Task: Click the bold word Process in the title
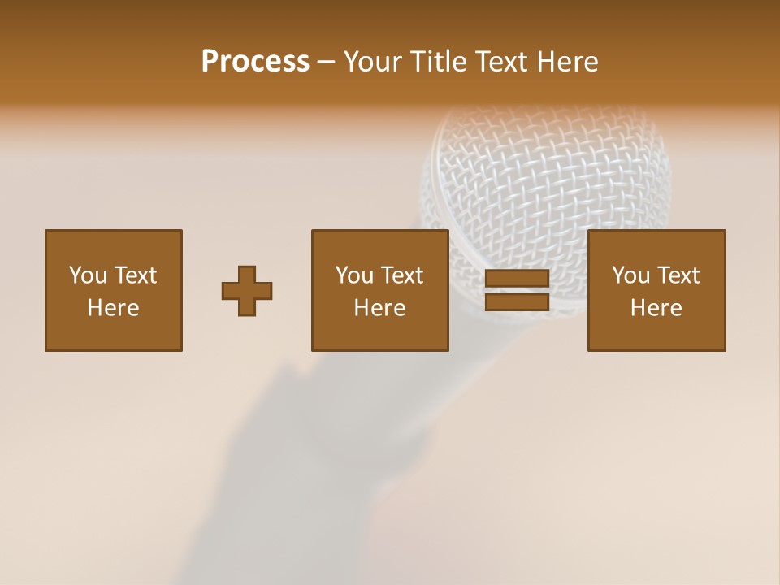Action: point(255,62)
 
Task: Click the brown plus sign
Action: point(247,291)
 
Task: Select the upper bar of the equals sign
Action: point(517,279)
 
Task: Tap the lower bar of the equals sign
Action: point(517,302)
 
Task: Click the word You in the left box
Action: point(88,275)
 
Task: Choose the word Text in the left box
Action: point(135,275)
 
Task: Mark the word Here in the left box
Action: point(113,308)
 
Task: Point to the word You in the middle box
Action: point(354,275)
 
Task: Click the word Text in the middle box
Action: point(401,275)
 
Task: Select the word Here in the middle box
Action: point(379,308)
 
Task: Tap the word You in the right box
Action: point(630,275)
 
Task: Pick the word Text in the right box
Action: point(678,275)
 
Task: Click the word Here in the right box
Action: point(656,308)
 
